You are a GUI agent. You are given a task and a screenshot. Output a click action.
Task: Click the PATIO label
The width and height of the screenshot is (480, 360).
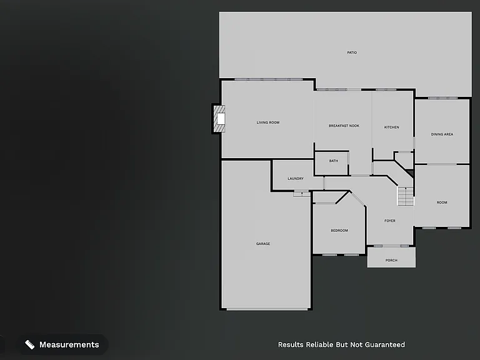click(352, 52)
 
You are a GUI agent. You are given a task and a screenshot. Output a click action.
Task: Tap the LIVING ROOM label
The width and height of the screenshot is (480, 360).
click(268, 122)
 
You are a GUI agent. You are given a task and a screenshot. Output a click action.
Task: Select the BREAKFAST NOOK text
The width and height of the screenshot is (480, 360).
click(344, 126)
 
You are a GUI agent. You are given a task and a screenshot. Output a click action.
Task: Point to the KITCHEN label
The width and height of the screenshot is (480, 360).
click(391, 127)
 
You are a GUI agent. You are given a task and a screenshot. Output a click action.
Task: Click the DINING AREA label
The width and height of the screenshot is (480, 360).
click(442, 134)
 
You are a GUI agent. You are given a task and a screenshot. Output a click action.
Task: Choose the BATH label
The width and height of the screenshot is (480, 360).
click(333, 161)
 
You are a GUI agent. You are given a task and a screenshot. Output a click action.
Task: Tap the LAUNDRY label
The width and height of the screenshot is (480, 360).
click(296, 179)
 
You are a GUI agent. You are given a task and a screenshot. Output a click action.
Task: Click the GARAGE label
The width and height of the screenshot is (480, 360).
click(263, 244)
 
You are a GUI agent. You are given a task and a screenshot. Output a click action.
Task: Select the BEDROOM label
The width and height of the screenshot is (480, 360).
click(339, 231)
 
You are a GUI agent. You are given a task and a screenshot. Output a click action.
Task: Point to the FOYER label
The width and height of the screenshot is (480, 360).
click(390, 221)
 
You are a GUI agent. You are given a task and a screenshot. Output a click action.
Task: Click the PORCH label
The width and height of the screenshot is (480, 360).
click(391, 260)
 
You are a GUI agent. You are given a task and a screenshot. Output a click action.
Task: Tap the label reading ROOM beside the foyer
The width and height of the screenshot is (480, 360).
click(442, 202)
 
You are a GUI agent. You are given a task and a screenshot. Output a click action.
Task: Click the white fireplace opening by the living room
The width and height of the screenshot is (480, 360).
click(221, 119)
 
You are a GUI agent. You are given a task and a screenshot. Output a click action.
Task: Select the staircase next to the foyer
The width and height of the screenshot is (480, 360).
click(406, 196)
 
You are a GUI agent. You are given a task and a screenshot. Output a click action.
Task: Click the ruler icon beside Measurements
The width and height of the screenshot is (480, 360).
click(30, 345)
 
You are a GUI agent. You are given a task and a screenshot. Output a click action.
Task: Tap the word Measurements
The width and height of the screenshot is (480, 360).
click(69, 345)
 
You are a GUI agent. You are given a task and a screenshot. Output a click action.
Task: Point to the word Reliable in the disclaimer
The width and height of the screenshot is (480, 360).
click(320, 345)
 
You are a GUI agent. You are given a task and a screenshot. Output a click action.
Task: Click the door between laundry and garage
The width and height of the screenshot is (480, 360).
click(301, 193)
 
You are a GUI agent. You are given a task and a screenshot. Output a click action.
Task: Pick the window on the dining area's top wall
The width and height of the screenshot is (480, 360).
click(442, 98)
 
